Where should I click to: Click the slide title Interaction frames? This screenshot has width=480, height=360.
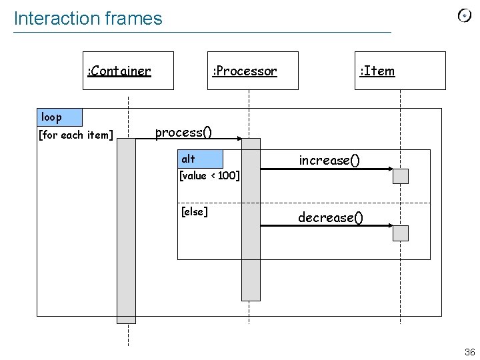click(x=88, y=19)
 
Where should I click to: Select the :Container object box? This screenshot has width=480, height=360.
click(x=128, y=71)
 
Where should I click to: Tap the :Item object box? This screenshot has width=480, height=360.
click(x=400, y=71)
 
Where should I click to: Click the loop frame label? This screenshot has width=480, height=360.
click(x=59, y=117)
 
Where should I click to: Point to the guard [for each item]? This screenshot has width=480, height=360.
click(x=75, y=135)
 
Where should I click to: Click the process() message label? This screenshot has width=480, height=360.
click(x=183, y=132)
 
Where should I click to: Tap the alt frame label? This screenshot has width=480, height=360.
click(x=200, y=159)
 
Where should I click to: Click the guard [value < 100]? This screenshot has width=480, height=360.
click(x=209, y=176)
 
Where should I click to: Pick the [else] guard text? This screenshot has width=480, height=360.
click(x=194, y=212)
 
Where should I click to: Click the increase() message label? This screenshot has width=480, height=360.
click(x=329, y=160)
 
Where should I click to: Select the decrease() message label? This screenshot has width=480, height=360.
click(x=330, y=217)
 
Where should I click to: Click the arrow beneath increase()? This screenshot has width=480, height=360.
click(x=326, y=169)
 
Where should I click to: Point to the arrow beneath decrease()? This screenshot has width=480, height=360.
click(x=326, y=226)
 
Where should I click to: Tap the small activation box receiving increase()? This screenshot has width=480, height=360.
click(x=401, y=176)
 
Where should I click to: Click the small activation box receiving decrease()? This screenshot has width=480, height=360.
click(x=401, y=233)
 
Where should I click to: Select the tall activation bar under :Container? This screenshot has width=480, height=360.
click(x=126, y=231)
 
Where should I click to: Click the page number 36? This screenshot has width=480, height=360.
click(x=469, y=352)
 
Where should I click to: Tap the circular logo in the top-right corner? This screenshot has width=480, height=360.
click(x=465, y=16)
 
